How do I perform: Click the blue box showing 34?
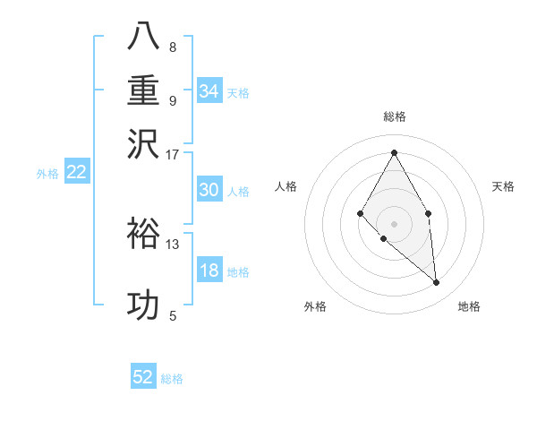click(x=209, y=91)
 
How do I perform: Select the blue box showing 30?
click(x=209, y=190)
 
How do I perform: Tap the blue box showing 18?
click(x=209, y=271)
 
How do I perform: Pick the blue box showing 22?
click(x=76, y=173)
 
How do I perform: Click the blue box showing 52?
click(x=143, y=377)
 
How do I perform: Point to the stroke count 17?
click(x=173, y=154)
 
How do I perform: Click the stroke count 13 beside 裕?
click(x=173, y=244)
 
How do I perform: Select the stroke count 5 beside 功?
click(x=173, y=315)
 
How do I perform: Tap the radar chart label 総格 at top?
click(x=394, y=116)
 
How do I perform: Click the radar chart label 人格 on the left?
click(x=286, y=186)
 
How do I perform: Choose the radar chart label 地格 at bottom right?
click(x=469, y=306)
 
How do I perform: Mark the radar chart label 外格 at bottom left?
click(x=315, y=306)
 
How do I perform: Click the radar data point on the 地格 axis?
click(x=436, y=282)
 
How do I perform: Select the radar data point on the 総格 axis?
click(x=394, y=152)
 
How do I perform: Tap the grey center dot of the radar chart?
click(x=394, y=223)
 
